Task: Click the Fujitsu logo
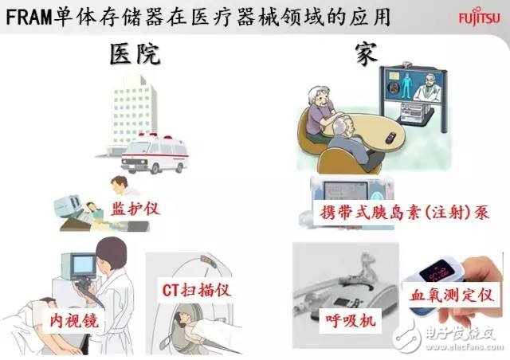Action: pos(479,18)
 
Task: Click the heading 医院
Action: pos(135,54)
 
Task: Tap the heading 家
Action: pos(367,54)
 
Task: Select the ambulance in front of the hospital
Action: pos(155,153)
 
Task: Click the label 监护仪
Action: pos(135,209)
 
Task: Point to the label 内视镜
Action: pos(74,321)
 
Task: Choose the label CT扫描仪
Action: pos(197,290)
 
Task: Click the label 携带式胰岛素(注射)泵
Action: pos(404,213)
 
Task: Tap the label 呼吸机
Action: pos(351,320)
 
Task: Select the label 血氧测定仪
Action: pos(452,295)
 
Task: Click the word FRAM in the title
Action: pos(29,18)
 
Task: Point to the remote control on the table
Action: pos(390,138)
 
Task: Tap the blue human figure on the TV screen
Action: pos(406,85)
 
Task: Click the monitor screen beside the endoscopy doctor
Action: pos(83,265)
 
